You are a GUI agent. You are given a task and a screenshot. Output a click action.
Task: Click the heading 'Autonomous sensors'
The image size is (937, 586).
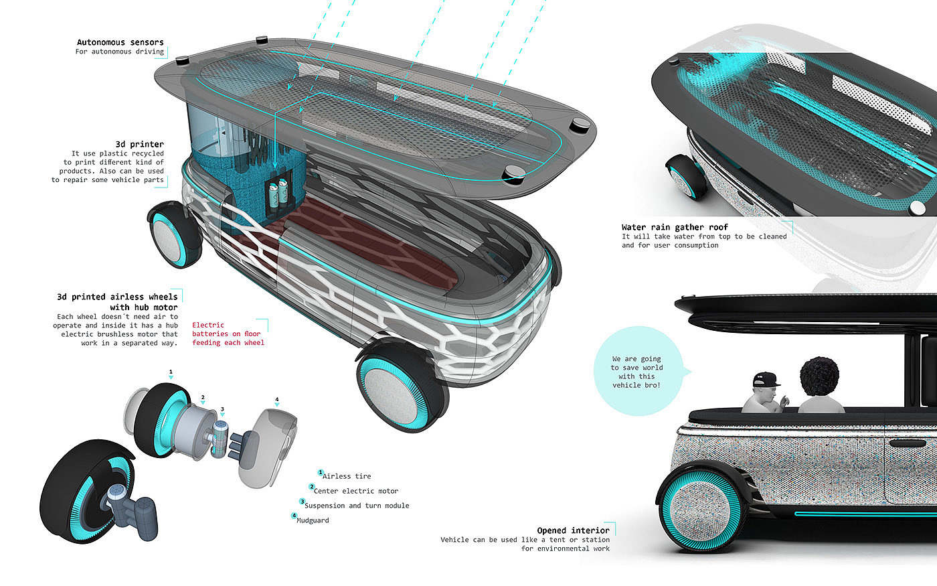coord(120,42)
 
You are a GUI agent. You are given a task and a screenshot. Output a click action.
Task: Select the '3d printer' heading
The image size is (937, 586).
coord(140,145)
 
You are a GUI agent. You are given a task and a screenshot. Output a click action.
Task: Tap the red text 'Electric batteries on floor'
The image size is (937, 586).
coord(226,329)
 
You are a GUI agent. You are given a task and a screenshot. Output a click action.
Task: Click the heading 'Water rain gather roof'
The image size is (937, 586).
coord(675,227)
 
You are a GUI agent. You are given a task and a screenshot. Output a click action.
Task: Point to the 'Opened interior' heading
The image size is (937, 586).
coord(573,530)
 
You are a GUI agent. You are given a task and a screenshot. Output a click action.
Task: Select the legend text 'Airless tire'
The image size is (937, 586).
coord(347,476)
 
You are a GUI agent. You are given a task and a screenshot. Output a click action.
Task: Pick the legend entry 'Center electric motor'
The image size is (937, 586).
coord(356,491)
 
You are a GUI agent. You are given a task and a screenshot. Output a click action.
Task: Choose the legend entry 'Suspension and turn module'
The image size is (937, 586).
coord(357,506)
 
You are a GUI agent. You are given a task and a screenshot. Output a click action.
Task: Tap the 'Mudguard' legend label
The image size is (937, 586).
coord(313,520)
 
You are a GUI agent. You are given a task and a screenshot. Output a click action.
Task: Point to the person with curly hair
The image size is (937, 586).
coord(820,385)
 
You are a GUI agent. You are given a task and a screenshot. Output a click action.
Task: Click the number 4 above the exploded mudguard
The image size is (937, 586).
coord(277,400)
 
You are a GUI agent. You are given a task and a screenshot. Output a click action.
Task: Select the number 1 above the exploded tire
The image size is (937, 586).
coord(171,372)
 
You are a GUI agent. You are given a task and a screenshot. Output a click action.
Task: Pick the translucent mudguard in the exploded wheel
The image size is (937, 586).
coord(268,448)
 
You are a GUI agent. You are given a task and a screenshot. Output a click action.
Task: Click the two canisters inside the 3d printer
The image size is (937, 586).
coord(278,194)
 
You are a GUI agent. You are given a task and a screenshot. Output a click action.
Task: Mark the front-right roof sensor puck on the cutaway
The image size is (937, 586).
coord(514,173)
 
